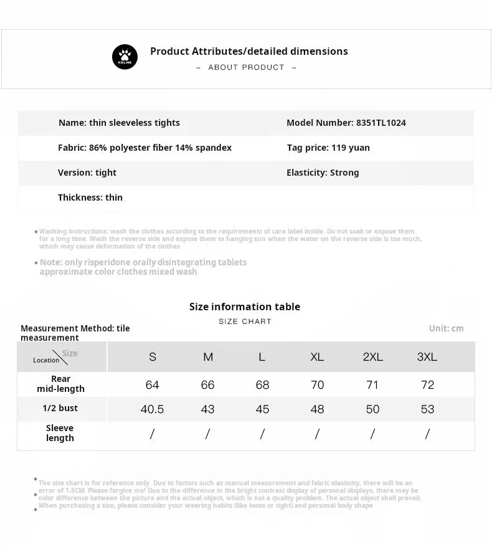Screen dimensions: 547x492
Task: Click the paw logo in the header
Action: (125, 57)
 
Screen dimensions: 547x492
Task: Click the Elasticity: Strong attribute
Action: (323, 173)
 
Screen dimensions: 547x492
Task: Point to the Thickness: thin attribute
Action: (90, 197)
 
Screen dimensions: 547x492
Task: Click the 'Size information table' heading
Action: (245, 307)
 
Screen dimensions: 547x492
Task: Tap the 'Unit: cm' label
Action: (446, 328)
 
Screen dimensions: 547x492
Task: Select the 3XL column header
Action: (427, 357)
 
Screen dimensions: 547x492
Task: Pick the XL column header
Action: (317, 357)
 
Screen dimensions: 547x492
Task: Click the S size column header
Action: (153, 357)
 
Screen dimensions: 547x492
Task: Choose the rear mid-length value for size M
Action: (207, 385)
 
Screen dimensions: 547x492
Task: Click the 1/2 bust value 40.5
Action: (153, 409)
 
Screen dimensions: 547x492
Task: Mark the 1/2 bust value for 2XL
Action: (372, 409)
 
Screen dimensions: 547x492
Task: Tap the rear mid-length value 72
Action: (427, 385)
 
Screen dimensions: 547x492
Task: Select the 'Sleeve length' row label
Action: (60, 433)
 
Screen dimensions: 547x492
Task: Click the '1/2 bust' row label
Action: (60, 408)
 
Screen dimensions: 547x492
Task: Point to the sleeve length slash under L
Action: (262, 434)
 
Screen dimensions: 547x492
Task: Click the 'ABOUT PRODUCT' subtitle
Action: (246, 67)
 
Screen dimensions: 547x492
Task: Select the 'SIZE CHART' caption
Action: (245, 321)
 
